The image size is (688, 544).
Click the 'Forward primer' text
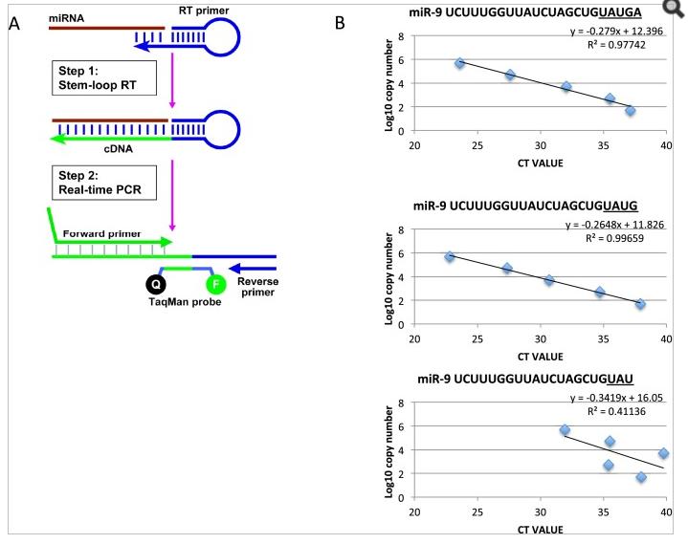[x=100, y=232]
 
